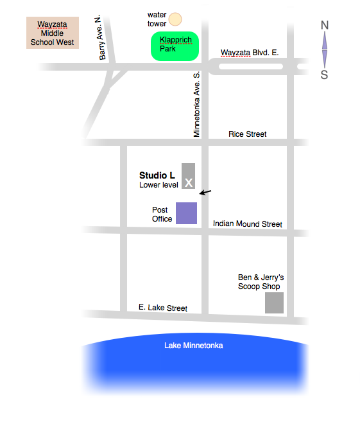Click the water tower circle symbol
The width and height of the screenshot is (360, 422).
point(175,19)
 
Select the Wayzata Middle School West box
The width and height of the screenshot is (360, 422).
point(53,33)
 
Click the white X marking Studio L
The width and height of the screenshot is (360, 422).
point(189,183)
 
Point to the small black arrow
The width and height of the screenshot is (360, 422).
point(205,191)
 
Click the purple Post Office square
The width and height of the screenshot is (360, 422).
point(186,213)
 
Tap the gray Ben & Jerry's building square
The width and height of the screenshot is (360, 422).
point(275,303)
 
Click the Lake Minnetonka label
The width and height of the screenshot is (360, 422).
point(193,346)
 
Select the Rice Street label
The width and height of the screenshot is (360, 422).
point(247,134)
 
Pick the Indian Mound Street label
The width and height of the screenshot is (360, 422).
point(247,224)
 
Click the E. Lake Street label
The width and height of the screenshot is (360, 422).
point(163,308)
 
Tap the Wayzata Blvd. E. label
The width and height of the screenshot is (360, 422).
point(249,53)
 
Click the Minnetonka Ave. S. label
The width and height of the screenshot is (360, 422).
point(197,104)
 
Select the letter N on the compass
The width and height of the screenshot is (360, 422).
point(325,26)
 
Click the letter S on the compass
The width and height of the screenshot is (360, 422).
point(325,75)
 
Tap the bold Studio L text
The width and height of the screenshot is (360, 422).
point(157,175)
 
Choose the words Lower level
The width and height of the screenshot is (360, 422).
point(159,185)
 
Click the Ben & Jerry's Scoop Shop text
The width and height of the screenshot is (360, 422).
point(261,282)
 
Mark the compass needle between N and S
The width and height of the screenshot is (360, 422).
point(325,49)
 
